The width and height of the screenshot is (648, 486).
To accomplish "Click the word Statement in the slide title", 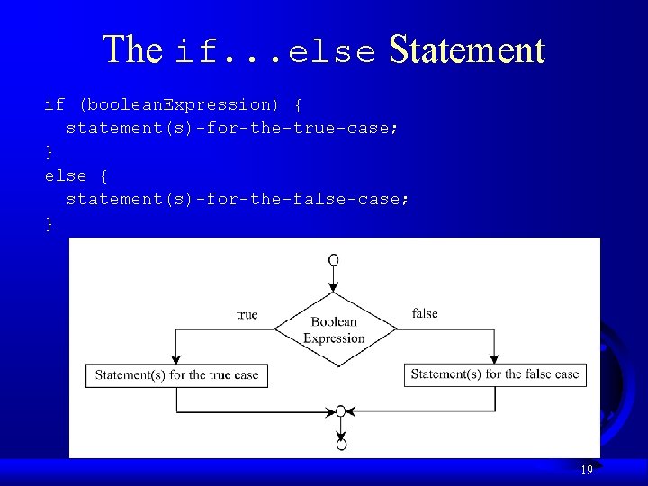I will [x=466, y=49].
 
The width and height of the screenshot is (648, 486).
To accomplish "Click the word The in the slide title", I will [x=132, y=49].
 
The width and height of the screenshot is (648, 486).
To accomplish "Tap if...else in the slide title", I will [x=275, y=52].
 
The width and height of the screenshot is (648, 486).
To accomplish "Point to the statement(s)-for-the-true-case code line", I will [x=232, y=128].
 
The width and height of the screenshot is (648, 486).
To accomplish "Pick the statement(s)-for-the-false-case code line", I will [x=238, y=199].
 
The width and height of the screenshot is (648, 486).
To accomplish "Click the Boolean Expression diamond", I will [x=335, y=329].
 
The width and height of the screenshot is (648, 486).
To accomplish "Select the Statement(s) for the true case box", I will [x=176, y=375].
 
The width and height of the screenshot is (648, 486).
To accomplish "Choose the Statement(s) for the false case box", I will [x=495, y=374].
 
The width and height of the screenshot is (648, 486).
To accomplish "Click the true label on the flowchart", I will [x=247, y=314].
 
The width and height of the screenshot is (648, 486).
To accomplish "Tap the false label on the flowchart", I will [x=425, y=313].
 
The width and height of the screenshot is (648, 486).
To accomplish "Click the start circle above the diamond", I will [x=334, y=260].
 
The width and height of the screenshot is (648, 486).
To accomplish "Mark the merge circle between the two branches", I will [x=340, y=411].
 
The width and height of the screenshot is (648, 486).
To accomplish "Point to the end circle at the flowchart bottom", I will [x=341, y=444].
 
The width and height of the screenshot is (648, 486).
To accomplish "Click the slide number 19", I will [x=586, y=470].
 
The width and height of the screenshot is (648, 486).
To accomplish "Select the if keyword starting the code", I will [x=54, y=104].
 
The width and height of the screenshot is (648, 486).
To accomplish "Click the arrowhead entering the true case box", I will [x=176, y=358].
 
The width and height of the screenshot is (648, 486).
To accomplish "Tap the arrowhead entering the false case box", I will [x=494, y=358].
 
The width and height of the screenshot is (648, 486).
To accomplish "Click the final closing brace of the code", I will [x=49, y=223].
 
